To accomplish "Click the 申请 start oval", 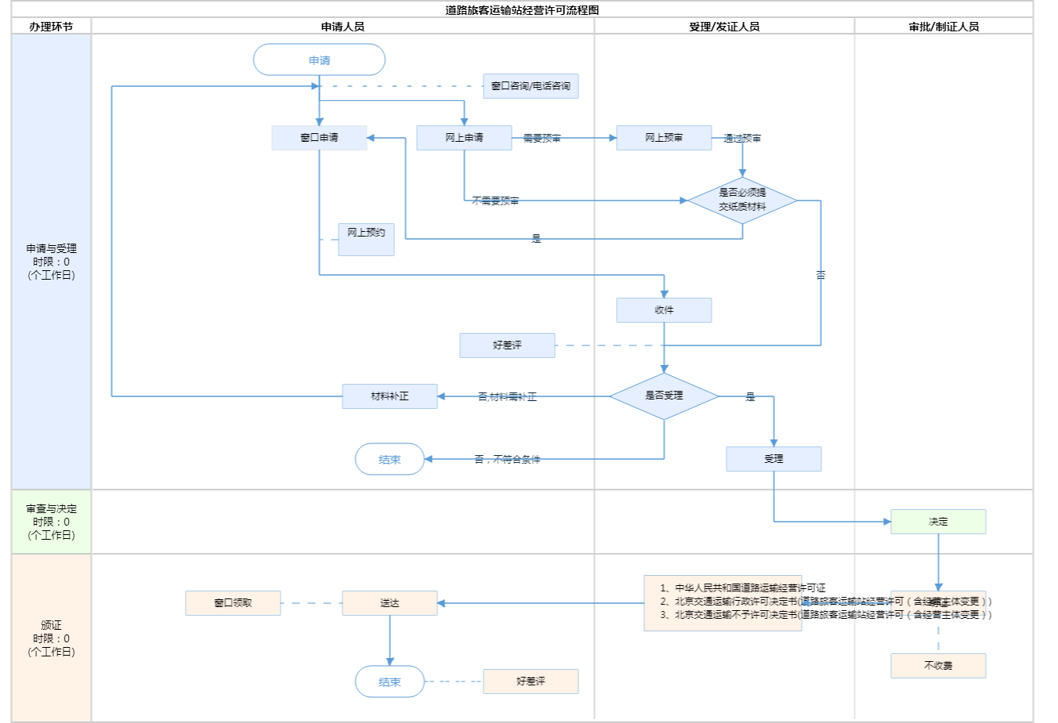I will tap(319, 60).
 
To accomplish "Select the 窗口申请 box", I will tap(319, 138).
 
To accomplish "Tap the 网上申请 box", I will tap(464, 138).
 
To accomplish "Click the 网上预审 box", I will tap(664, 138).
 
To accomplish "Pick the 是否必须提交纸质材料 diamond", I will tap(742, 200).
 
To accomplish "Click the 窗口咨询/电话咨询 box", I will tap(531, 86).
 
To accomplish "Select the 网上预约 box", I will tap(366, 239).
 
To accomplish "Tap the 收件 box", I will tap(664, 310).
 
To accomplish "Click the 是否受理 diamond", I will tap(664, 396).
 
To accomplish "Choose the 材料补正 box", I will tap(390, 396).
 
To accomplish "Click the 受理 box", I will tap(774, 459).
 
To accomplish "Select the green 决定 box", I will tap(938, 522).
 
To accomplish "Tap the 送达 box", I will tap(390, 603).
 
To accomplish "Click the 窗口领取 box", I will tap(233, 603).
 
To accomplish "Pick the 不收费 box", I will tap(938, 666).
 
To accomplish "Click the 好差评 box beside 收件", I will tap(507, 345).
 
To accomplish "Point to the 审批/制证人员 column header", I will tap(944, 27).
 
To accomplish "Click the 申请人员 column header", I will tap(342, 27).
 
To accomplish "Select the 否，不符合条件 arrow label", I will tap(507, 460).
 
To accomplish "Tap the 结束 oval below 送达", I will tap(390, 681).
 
